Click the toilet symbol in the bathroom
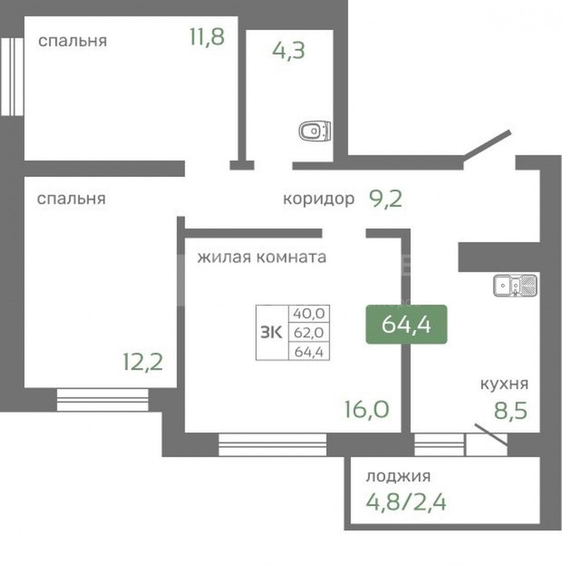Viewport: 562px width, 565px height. [315, 130]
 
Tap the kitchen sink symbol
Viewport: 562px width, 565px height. [516, 285]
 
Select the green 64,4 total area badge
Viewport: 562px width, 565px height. [406, 324]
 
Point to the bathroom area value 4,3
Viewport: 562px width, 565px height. [288, 51]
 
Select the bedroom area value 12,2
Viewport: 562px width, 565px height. [143, 360]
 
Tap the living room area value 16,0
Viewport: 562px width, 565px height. [366, 409]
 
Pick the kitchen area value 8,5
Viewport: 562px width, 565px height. [510, 409]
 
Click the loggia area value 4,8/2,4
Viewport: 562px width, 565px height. [406, 502]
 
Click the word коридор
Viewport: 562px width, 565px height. [318, 198]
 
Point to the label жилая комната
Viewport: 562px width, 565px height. [261, 257]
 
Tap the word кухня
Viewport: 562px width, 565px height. [504, 384]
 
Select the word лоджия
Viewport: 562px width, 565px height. [399, 476]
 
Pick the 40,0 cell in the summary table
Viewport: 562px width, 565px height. [309, 313]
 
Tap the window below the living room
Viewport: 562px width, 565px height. [272, 445]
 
